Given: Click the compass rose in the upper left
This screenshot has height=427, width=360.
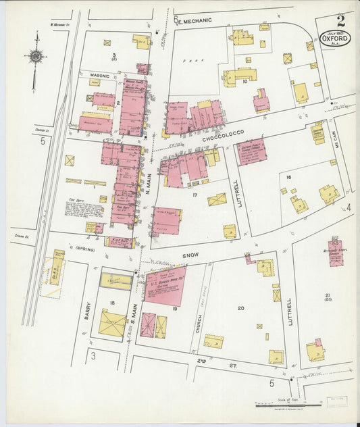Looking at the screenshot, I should coord(35,56).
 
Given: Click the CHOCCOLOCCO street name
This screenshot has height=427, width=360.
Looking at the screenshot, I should coord(222,137).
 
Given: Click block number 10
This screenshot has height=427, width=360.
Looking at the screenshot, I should coord(245,82).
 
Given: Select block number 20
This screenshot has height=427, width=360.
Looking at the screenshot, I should coord(240,308).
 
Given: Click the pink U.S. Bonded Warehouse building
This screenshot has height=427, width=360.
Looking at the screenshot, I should coord(164,284).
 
